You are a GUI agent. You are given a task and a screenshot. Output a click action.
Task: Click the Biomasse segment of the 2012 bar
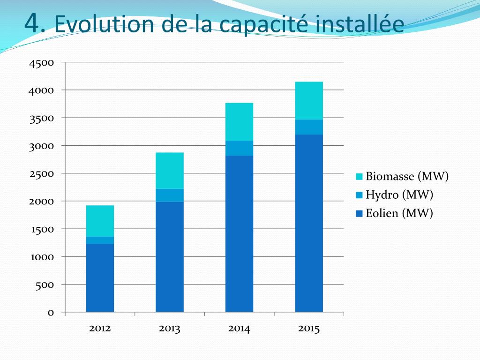click(x=100, y=221)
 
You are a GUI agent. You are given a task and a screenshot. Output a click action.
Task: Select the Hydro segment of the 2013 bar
click(x=169, y=195)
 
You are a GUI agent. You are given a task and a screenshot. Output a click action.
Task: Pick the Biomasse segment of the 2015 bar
click(x=308, y=100)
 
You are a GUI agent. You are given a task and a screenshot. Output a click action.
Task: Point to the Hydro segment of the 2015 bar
click(x=308, y=127)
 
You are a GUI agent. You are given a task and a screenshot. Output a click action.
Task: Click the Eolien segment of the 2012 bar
click(x=100, y=277)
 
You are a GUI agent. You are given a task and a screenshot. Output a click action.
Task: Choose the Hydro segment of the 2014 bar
click(x=239, y=148)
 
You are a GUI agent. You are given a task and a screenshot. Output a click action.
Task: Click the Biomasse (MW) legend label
click(x=407, y=177)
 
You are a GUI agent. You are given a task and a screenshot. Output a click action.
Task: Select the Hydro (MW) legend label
click(x=399, y=195)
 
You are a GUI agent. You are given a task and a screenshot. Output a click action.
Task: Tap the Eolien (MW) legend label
click(x=399, y=213)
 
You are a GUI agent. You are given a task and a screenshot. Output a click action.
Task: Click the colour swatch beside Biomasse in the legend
click(x=360, y=177)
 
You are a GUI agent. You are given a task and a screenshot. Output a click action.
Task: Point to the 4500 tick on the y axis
click(x=41, y=63)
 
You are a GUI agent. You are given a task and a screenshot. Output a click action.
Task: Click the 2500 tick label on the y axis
click(x=41, y=174)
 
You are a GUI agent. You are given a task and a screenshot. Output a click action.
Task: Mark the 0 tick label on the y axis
click(x=50, y=313)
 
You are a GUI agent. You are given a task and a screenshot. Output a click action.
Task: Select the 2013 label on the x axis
click(x=169, y=329)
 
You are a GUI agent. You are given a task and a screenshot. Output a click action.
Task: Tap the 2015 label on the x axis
click(x=308, y=329)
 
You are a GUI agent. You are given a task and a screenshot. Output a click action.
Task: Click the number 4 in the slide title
click(x=32, y=22)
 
